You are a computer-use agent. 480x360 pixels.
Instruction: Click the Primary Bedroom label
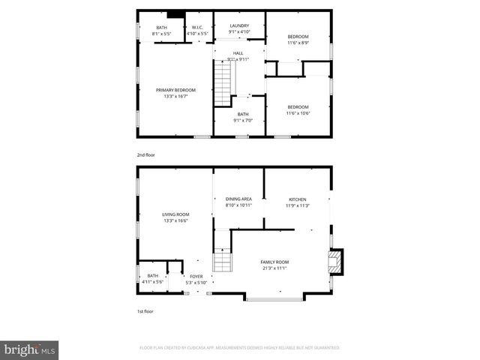tap(175, 90)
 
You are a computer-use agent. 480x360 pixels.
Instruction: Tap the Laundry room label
tap(239, 25)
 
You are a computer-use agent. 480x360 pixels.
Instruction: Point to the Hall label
tap(238, 53)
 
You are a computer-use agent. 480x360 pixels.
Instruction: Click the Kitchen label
tap(298, 199)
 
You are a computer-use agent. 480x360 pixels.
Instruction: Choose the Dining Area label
tap(238, 199)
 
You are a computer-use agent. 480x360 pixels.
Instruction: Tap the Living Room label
tap(175, 215)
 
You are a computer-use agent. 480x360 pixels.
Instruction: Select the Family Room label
tap(275, 262)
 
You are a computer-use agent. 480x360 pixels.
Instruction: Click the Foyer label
tap(196, 277)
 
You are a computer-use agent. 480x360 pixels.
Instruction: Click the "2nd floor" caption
tap(145, 154)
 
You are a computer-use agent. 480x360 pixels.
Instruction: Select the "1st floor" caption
tap(145, 310)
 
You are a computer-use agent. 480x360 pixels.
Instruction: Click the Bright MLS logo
tap(31, 349)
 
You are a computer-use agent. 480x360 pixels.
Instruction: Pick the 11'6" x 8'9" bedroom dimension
tap(298, 43)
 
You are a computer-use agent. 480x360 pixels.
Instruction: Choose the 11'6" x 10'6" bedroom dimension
tap(298, 113)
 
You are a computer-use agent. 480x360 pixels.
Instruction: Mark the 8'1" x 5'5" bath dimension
tap(162, 34)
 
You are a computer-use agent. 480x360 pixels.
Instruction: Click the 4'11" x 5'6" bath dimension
tap(152, 282)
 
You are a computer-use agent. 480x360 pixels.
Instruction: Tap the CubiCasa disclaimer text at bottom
tap(239, 348)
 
